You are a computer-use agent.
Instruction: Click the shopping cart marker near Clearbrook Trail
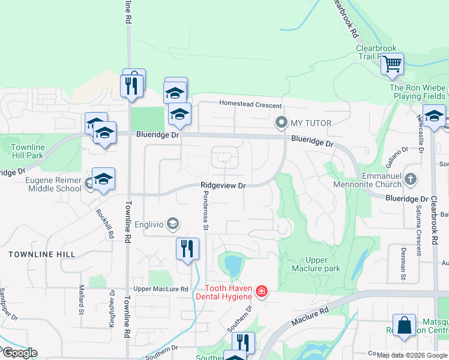392,63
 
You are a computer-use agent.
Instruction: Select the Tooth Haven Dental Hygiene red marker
261,292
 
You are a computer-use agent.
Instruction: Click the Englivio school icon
173,224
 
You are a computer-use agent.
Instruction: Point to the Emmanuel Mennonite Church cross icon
410,179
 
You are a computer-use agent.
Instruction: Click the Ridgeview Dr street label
224,186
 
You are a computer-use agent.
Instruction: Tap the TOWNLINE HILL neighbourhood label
42,254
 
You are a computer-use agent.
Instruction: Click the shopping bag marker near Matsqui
405,325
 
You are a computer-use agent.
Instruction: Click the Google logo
19,353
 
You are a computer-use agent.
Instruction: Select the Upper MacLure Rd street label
161,289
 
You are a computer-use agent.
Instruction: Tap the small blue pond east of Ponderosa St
232,263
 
